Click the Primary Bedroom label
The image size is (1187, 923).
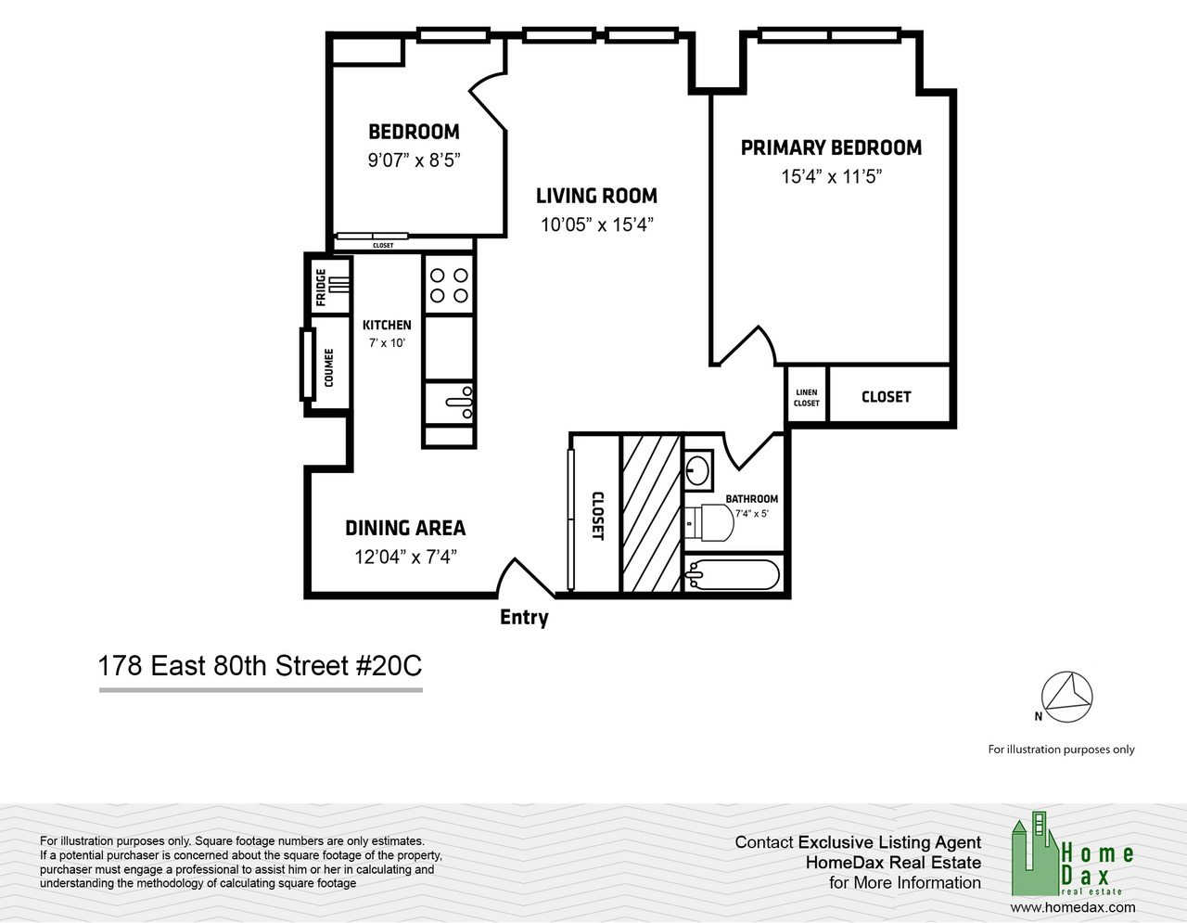[x=831, y=147]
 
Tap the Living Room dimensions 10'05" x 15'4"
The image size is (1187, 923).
[x=597, y=224]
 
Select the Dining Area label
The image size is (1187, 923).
[x=405, y=528]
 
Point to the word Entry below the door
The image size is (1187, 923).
[x=524, y=618]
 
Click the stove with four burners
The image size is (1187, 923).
[x=449, y=285]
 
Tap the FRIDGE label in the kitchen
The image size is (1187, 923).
[x=321, y=288]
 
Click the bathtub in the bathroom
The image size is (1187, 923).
[x=733, y=574]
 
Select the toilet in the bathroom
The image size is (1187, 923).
[x=709, y=522]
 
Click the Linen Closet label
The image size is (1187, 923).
[x=806, y=398]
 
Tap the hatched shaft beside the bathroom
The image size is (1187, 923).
[x=652, y=513]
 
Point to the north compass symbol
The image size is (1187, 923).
[x=1066, y=698]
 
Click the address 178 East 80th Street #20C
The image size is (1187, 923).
[x=260, y=666]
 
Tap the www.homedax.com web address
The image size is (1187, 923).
[x=1072, y=908]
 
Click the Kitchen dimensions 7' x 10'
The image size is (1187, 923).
[x=387, y=343]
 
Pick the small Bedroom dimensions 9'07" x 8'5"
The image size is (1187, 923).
[x=414, y=160]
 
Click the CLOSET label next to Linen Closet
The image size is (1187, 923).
[x=886, y=397]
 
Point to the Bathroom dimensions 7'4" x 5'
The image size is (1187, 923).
[x=752, y=514]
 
